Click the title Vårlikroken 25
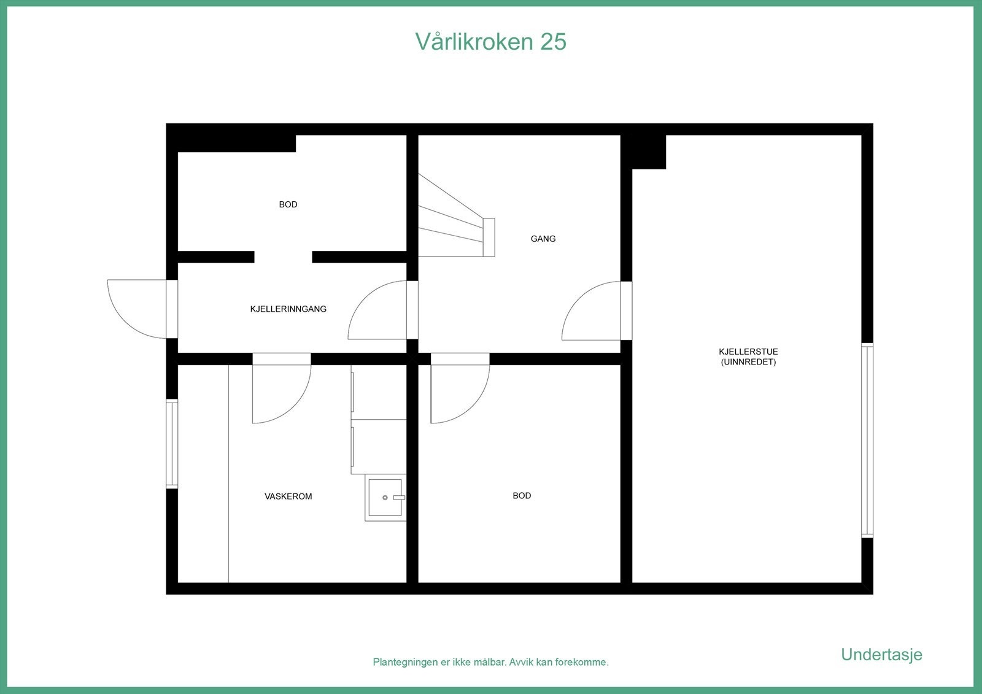(x=490, y=42)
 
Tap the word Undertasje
(x=881, y=655)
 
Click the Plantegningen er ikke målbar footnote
(x=490, y=663)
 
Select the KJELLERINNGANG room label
(x=288, y=309)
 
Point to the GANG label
(x=543, y=239)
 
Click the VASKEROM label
(x=288, y=496)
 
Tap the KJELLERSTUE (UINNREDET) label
(x=748, y=357)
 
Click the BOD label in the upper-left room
(x=288, y=205)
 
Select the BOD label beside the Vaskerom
(x=522, y=496)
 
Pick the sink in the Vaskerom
(x=385, y=498)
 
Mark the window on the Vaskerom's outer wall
(x=172, y=444)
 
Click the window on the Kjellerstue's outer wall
(x=867, y=440)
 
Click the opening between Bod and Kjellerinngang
(x=283, y=257)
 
